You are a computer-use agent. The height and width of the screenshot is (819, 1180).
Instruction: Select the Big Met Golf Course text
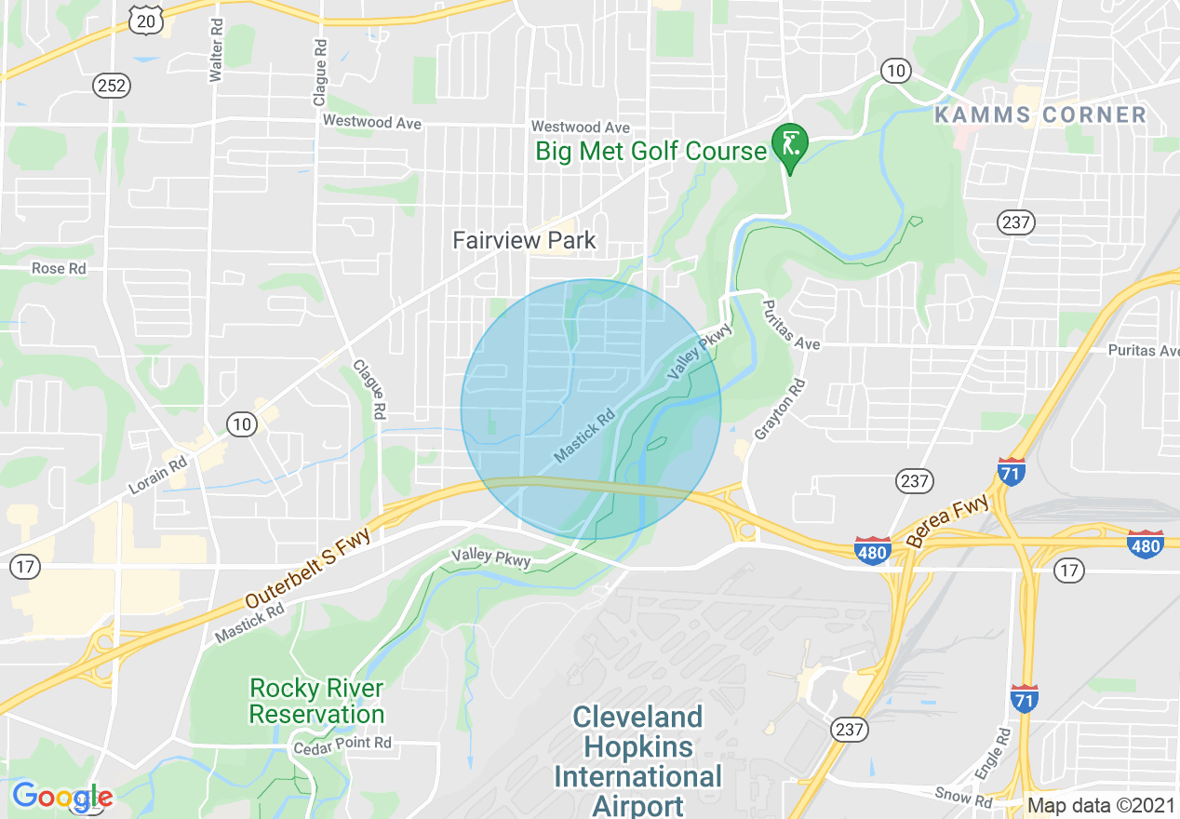(x=650, y=151)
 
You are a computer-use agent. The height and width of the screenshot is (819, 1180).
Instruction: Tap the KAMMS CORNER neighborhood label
(x=1040, y=114)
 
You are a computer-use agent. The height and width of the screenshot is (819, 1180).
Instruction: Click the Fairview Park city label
(x=524, y=240)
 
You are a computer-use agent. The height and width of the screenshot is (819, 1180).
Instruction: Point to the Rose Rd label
(x=60, y=268)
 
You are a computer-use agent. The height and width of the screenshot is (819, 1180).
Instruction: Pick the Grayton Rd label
(x=780, y=409)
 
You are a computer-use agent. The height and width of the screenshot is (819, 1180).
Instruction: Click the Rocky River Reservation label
(x=316, y=702)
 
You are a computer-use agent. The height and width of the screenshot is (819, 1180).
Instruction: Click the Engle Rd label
(x=993, y=755)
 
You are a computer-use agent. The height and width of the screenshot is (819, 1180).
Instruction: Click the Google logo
(x=61, y=797)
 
